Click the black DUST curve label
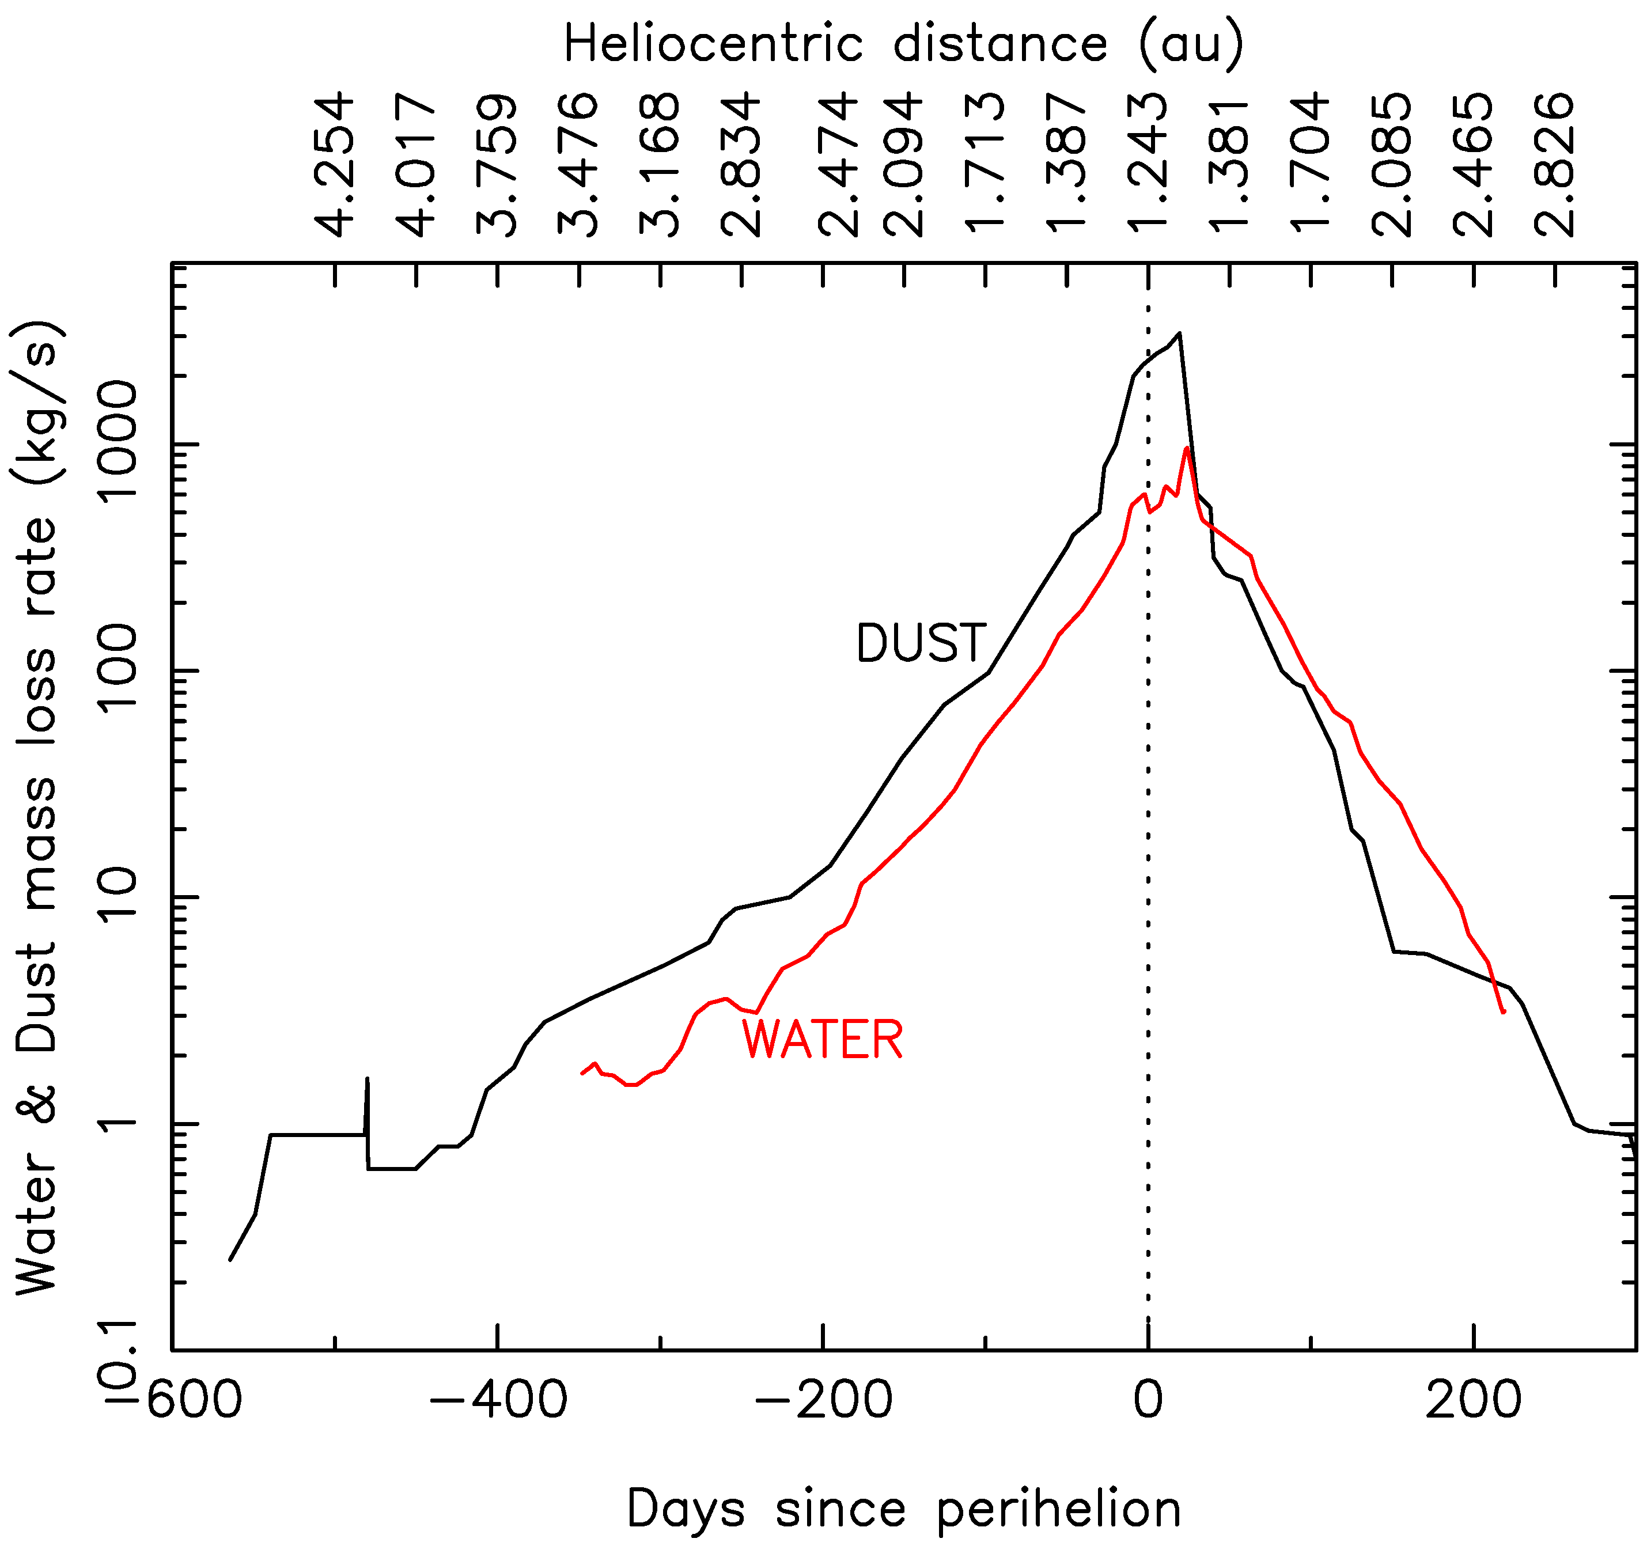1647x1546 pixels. [x=921, y=644]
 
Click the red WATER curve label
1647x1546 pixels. [x=822, y=1041]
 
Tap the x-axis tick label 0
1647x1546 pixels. [x=1148, y=1401]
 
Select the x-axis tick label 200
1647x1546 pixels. [x=1473, y=1401]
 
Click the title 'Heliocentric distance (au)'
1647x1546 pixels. [x=903, y=43]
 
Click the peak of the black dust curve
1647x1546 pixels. [x=1179, y=334]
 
